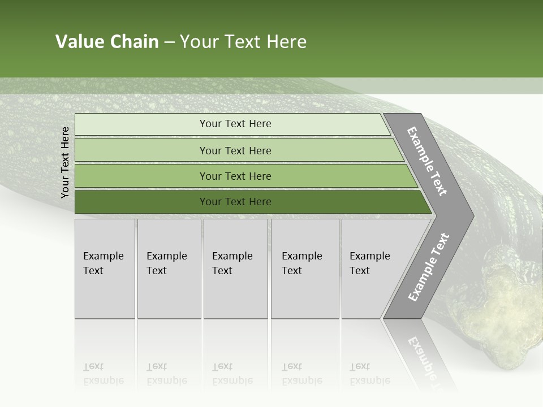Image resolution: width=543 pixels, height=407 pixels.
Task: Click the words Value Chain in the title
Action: [x=107, y=42]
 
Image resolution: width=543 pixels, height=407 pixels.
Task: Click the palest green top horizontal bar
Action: [x=141, y=124]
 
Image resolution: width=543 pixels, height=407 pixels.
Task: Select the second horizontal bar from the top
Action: [x=141, y=150]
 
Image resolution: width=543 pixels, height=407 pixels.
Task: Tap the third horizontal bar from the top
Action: [x=141, y=176]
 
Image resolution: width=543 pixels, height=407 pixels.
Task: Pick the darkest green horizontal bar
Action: [x=141, y=202]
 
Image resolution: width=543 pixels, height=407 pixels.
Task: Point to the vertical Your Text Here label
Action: [x=65, y=162]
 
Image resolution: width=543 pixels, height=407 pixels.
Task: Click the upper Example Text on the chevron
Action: [x=427, y=161]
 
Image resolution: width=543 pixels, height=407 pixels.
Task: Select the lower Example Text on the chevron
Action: [x=429, y=267]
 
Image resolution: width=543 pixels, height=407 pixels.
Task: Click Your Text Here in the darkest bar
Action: [x=235, y=202]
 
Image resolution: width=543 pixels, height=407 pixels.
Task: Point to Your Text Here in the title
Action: [x=243, y=42]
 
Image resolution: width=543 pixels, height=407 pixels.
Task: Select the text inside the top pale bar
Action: [x=235, y=124]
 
